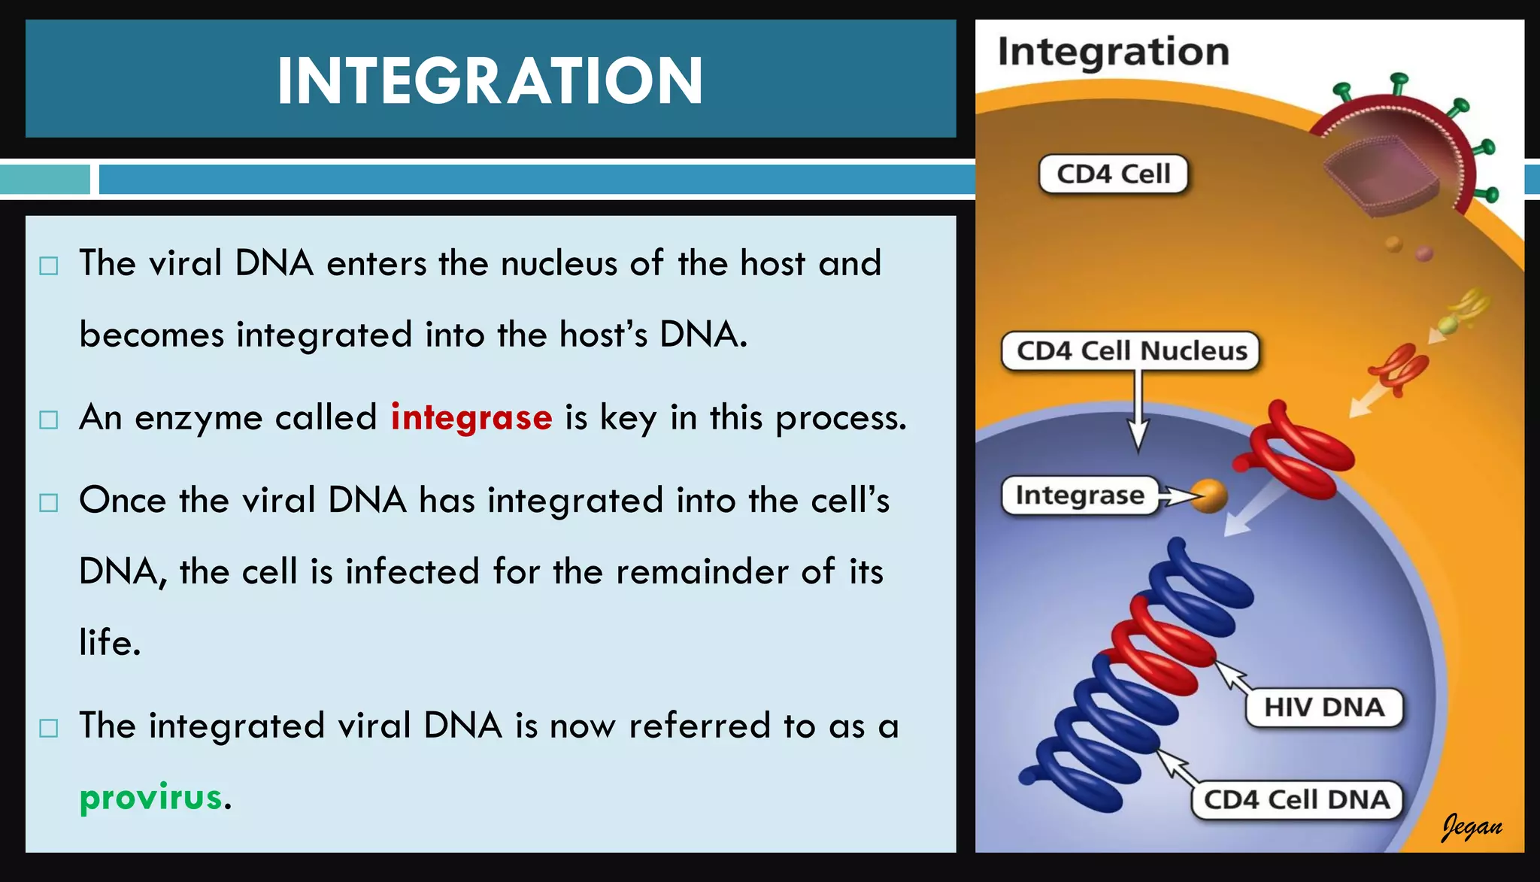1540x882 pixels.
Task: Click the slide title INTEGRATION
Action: pyautogui.click(x=490, y=80)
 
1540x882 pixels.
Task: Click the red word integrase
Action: pyautogui.click(x=471, y=417)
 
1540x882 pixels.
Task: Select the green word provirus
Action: pyautogui.click(x=151, y=798)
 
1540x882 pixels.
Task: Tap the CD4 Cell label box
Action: pyautogui.click(x=1113, y=174)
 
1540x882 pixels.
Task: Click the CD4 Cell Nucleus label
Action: pyautogui.click(x=1131, y=351)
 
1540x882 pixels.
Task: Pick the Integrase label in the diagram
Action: pyautogui.click(x=1080, y=496)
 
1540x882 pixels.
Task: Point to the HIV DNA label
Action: pyautogui.click(x=1323, y=708)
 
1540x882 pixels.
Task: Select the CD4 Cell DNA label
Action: pyautogui.click(x=1296, y=799)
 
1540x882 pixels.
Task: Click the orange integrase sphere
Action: pyautogui.click(x=1210, y=496)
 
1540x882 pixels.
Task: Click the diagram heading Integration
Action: pyautogui.click(x=1113, y=52)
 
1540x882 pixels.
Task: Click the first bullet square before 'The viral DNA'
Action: pyautogui.click(x=49, y=265)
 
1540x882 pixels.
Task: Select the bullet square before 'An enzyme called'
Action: pyautogui.click(x=49, y=420)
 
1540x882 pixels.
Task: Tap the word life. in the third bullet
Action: pyautogui.click(x=110, y=643)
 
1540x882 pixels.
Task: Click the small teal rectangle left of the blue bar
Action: pyautogui.click(x=45, y=180)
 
